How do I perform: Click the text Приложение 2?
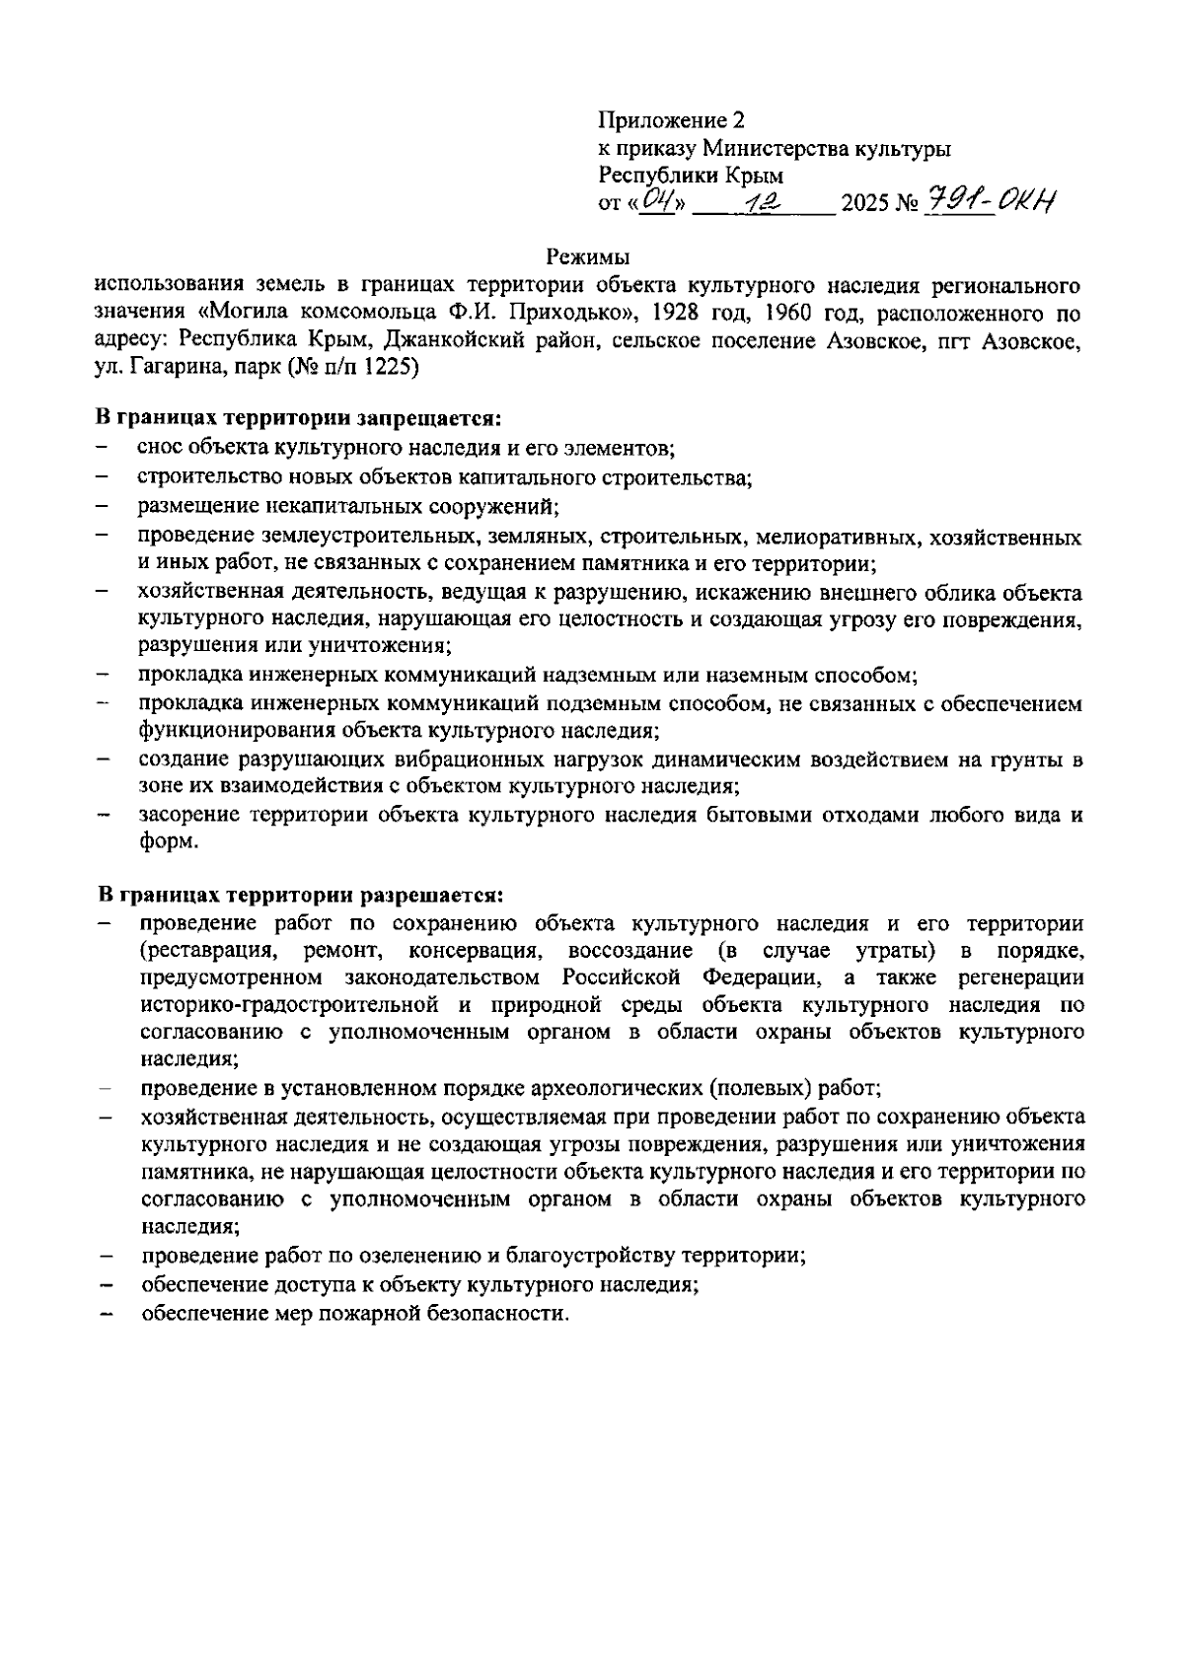[671, 120]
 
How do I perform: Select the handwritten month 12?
[762, 201]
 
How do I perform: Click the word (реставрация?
[205, 951]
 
